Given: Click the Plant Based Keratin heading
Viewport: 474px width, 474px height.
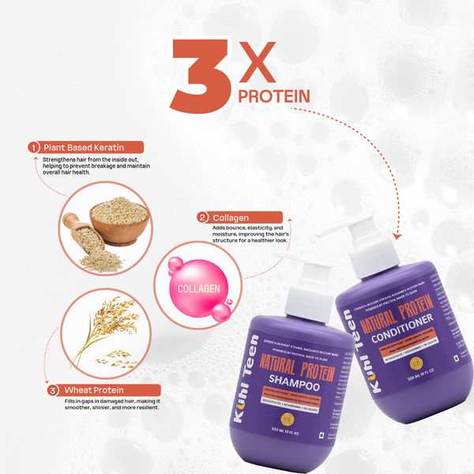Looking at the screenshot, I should pos(92,147).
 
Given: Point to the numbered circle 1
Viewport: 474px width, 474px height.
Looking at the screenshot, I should pos(34,147).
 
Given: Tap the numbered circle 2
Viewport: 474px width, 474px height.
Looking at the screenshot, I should pos(203,217).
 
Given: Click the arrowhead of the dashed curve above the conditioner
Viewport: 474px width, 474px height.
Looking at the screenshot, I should pos(395,235).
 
